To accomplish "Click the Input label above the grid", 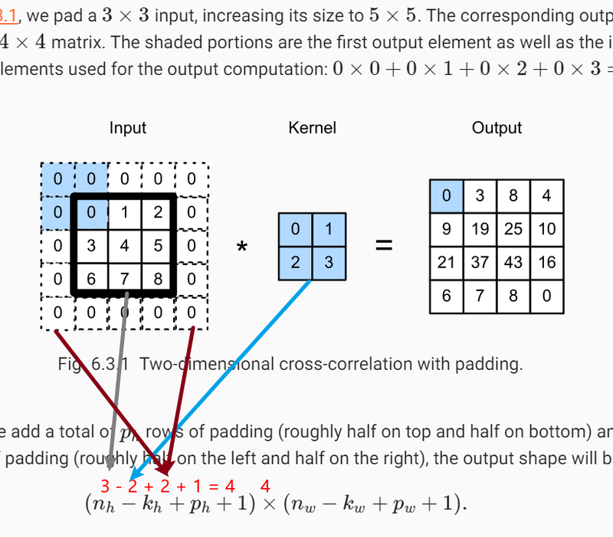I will (127, 128).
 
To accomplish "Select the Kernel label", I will (312, 128).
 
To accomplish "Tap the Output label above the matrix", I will (497, 128).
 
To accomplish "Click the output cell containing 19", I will (480, 229).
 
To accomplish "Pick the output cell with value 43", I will (513, 262).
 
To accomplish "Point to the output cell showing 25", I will (513, 229).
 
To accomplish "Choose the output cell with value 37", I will (480, 262).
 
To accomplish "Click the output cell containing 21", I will (446, 262).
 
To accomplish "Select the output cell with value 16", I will (547, 262).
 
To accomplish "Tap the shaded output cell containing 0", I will (446, 196).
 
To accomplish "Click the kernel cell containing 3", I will (329, 263).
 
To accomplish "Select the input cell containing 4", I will (124, 246).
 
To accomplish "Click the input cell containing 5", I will (158, 246).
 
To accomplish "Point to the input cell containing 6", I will (90, 279).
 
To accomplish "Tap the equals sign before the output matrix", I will (382, 246).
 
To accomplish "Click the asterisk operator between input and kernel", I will (242, 247).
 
